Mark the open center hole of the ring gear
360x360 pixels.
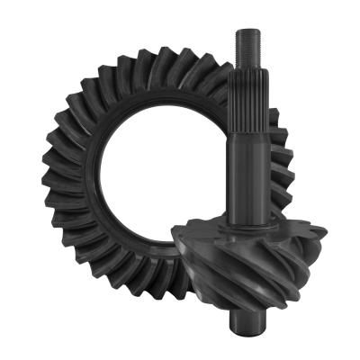[x=162, y=171]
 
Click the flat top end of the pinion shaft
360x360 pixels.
[x=247, y=31]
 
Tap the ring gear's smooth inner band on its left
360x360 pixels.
[x=94, y=180]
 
